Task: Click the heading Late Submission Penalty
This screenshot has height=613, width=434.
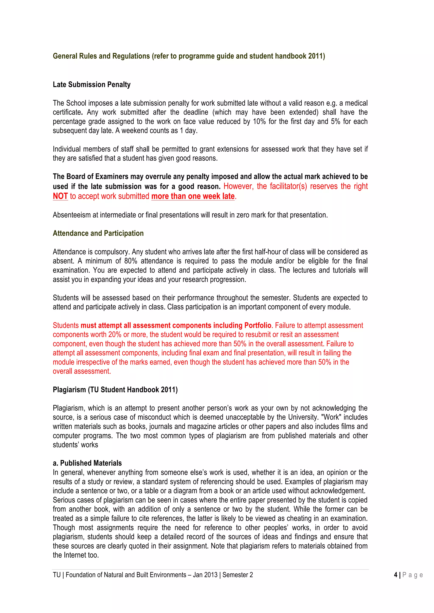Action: [x=92, y=85]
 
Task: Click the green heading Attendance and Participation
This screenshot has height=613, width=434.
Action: [x=98, y=233]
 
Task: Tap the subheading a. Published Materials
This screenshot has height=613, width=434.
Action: [x=87, y=463]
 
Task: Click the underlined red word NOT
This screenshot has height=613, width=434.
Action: [x=60, y=196]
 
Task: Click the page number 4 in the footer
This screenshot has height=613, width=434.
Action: [x=395, y=575]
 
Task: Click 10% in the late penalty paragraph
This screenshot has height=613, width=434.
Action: [x=259, y=121]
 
